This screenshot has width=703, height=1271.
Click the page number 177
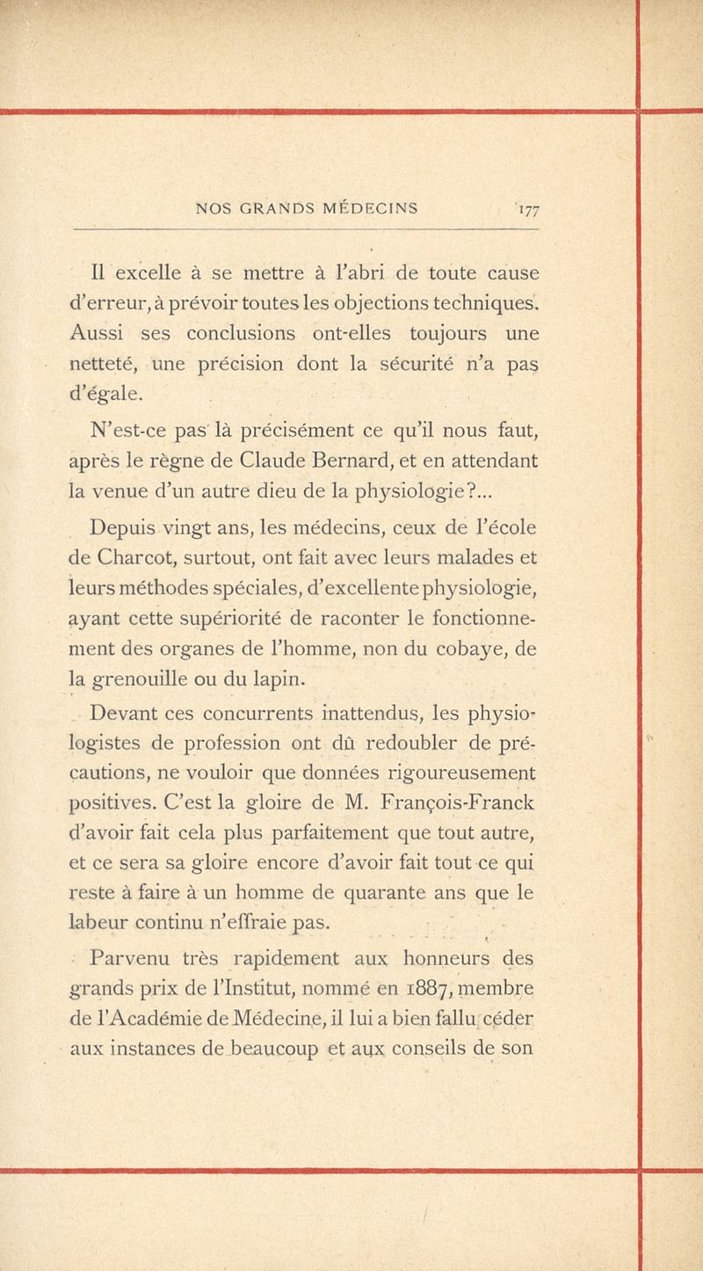pos(525,209)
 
